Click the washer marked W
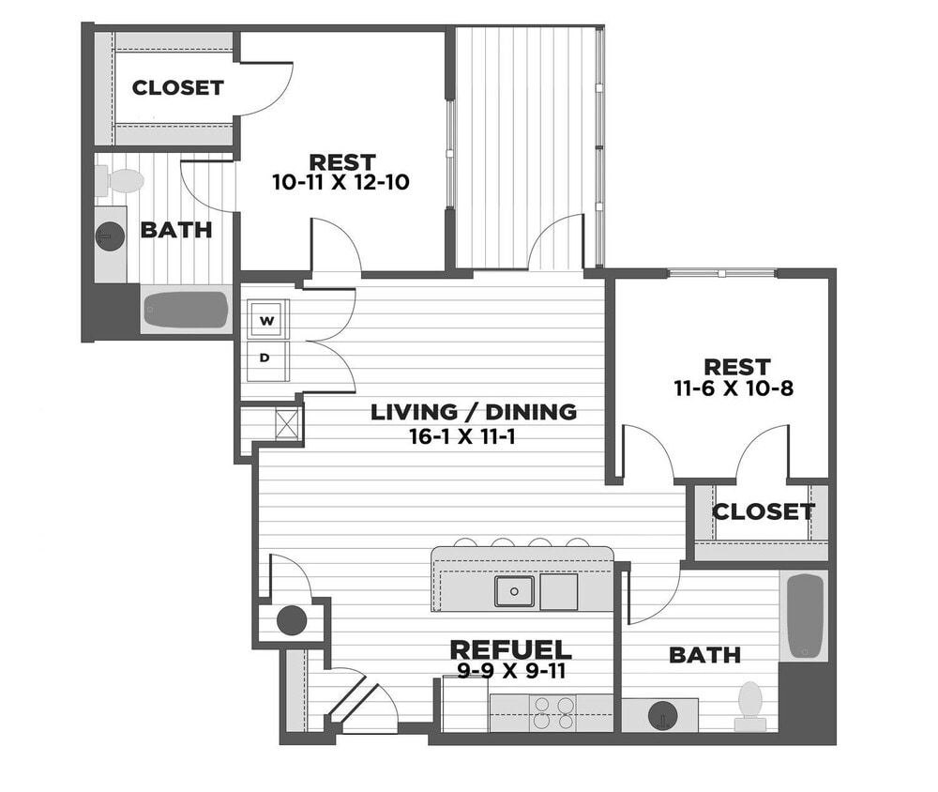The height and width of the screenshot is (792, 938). click(267, 321)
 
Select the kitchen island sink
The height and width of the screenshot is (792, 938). click(514, 591)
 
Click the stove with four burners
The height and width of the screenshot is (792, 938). click(553, 712)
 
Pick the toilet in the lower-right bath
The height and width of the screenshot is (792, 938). click(750, 705)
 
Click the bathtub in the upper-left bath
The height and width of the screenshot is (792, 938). click(186, 310)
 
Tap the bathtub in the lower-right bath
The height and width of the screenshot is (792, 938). click(805, 617)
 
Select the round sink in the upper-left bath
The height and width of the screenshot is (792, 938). click(110, 236)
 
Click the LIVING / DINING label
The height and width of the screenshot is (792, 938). click(474, 411)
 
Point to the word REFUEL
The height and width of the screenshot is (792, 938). click(510, 649)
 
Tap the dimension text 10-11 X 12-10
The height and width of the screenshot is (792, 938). click(340, 182)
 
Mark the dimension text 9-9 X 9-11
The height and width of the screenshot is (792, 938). click(510, 671)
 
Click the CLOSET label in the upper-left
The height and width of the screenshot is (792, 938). click(178, 87)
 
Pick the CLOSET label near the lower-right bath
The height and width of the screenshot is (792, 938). click(763, 511)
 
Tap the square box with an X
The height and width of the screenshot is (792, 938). click(286, 424)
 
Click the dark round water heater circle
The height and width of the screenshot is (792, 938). click(292, 619)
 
